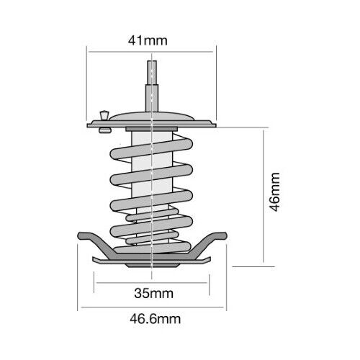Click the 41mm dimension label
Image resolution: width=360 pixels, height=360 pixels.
(x=148, y=40)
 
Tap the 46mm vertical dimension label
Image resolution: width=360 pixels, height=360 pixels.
(x=274, y=192)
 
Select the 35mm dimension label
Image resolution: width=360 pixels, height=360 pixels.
(x=153, y=293)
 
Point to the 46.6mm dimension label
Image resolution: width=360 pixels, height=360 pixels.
(x=156, y=319)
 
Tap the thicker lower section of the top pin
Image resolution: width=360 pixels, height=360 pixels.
(x=152, y=98)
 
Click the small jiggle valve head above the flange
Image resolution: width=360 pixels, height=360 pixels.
(x=104, y=114)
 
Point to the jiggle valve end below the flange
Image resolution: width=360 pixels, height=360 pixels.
(x=105, y=130)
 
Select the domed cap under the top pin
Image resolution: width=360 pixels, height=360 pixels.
(x=152, y=116)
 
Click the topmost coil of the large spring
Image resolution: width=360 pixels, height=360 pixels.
(x=151, y=149)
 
